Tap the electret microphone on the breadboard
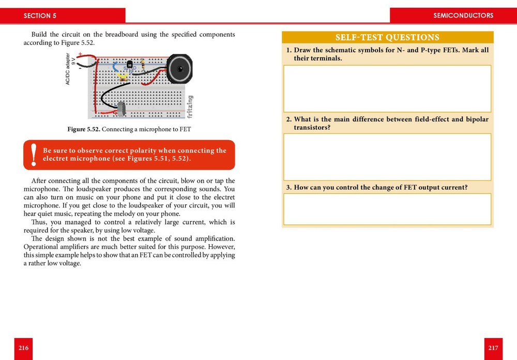(121, 109)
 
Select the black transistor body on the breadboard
(129, 65)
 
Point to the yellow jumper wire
(123, 77)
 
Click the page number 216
(23, 348)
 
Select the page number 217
(493, 348)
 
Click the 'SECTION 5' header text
(40, 16)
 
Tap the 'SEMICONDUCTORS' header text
(463, 16)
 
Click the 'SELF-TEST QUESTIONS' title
(387, 37)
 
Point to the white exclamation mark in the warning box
(34, 155)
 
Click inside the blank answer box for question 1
(387, 88)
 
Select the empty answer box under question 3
(387, 209)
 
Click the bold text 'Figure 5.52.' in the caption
(84, 129)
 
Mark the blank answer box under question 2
(387, 157)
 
